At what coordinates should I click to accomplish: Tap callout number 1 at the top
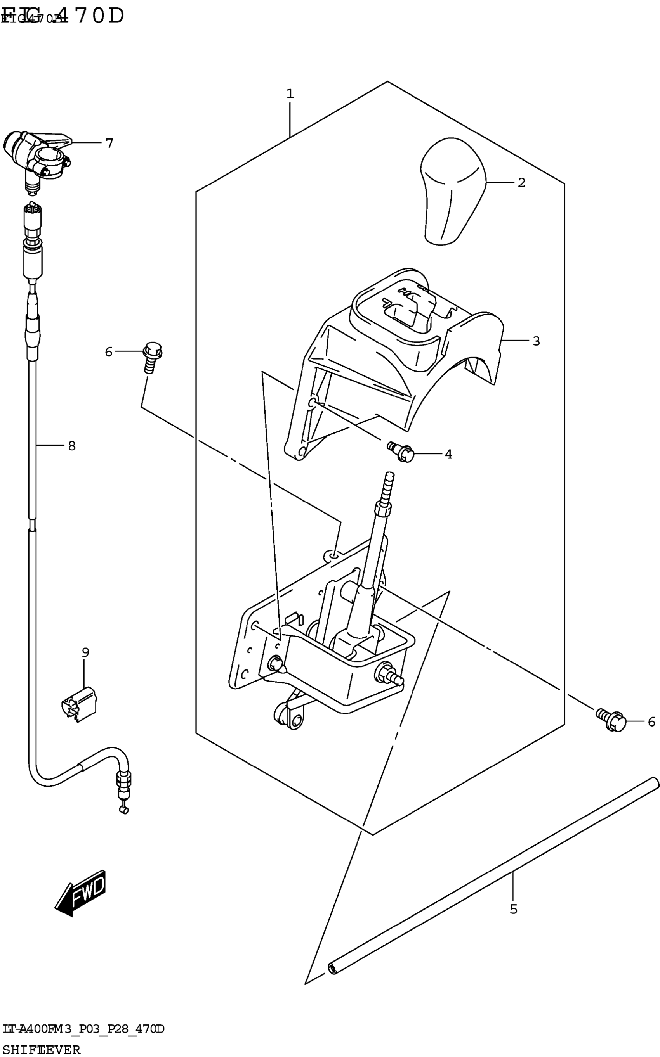click(290, 94)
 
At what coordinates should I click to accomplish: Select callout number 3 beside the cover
click(537, 341)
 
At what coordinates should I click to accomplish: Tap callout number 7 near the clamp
click(109, 143)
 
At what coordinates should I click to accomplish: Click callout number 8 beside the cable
click(71, 446)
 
